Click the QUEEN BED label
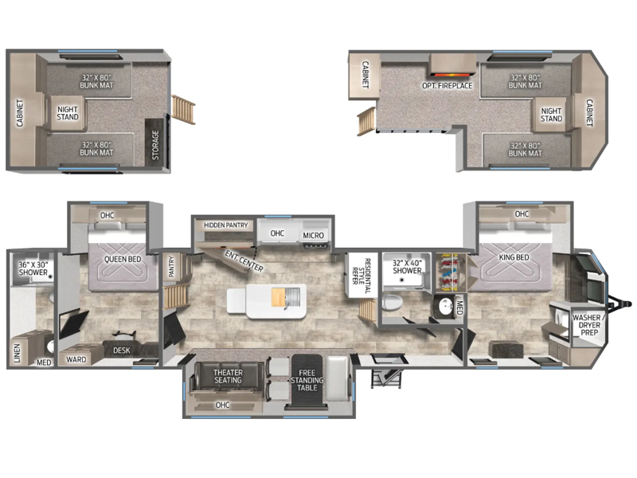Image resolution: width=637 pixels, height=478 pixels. pos(123,260)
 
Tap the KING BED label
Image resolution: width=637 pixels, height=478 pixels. pos(514,257)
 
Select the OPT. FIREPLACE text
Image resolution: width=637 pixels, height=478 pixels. pos(447,86)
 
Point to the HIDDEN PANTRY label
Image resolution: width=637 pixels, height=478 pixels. pos(226,225)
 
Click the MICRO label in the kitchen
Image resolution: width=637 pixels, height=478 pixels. pos(313,235)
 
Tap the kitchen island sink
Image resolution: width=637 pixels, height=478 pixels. pos(292,297)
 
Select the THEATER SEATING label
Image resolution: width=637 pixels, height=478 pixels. pos(228,376)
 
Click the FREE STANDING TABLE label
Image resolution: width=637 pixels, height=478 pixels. pos(307,380)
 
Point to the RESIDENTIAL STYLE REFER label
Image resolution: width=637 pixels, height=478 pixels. pos(361,276)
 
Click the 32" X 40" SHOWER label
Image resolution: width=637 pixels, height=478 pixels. pos(407,267)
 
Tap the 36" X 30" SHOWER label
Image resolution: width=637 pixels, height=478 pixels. pos(33,268)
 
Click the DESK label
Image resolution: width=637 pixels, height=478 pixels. pos(122,351)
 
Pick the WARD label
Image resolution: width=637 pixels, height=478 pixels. pos(76,359)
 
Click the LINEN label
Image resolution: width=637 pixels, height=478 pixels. pos(17,353)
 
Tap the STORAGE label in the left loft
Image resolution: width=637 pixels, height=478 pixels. pos(155,145)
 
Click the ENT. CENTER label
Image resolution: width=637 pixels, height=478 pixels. pos(244,261)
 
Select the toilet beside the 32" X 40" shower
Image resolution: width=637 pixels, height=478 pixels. pos(392,303)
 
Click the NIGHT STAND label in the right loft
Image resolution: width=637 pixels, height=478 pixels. pos(551,115)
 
